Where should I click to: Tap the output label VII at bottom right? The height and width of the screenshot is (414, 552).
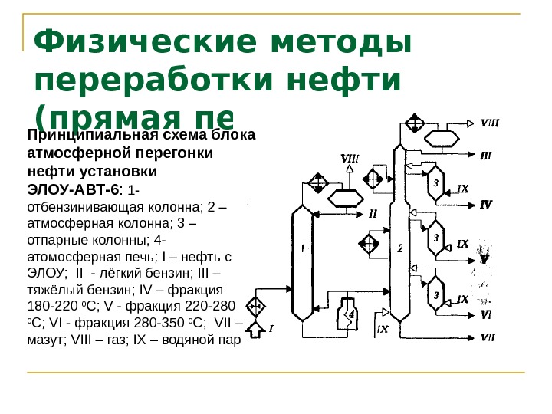(x=488, y=337)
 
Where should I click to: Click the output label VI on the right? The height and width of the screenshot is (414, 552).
(x=486, y=314)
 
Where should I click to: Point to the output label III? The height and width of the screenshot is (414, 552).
(x=486, y=154)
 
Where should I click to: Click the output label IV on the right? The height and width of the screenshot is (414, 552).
(x=486, y=204)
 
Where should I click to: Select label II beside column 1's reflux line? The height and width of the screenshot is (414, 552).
(x=373, y=212)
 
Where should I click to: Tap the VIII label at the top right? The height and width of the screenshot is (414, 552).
(x=490, y=121)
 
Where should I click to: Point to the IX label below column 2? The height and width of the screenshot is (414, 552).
(x=383, y=328)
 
